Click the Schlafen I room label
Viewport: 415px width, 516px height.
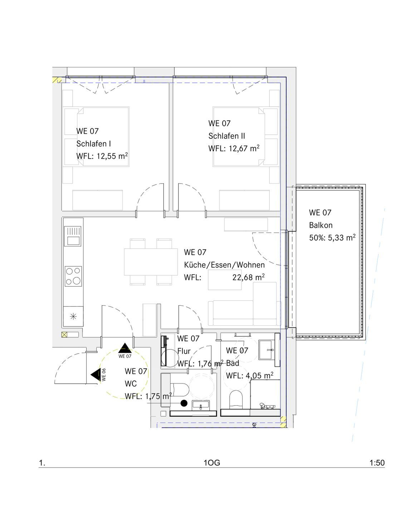click(x=93, y=144)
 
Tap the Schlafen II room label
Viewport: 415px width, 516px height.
click(x=226, y=136)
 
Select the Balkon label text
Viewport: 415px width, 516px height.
click(x=321, y=225)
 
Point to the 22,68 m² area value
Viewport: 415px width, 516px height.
click(x=248, y=277)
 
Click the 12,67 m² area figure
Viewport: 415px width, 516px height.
click(x=244, y=148)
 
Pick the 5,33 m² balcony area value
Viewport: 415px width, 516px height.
click(x=342, y=238)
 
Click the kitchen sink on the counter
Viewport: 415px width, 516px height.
click(x=73, y=236)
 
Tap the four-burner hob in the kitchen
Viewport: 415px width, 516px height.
click(x=73, y=276)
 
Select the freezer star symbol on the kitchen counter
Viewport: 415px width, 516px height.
click(x=73, y=316)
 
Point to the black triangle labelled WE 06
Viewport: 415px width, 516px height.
click(x=96, y=375)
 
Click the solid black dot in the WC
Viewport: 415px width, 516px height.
click(x=184, y=403)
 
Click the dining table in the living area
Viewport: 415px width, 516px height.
click(x=151, y=262)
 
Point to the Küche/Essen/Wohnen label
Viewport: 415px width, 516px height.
click(x=224, y=265)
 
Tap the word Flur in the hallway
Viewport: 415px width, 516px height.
click(x=184, y=351)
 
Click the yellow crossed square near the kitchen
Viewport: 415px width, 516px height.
click(x=64, y=334)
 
